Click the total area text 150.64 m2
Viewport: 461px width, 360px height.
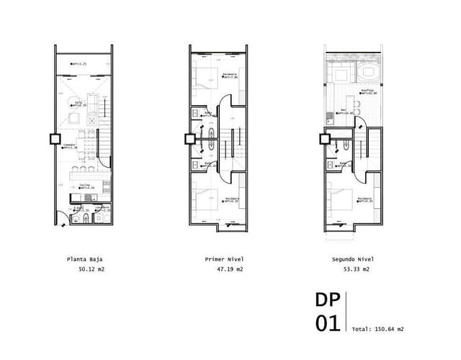(386, 329)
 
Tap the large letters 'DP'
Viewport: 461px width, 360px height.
(328, 300)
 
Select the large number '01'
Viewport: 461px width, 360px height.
(328, 324)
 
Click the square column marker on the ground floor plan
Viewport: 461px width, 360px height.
(54, 139)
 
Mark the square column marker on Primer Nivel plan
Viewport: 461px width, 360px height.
(189, 139)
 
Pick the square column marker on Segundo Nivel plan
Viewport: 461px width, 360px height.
(323, 139)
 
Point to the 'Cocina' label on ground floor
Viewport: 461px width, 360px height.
(84, 184)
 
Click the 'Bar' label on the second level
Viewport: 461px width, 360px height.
(343, 110)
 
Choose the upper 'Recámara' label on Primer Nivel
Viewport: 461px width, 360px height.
(230, 75)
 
